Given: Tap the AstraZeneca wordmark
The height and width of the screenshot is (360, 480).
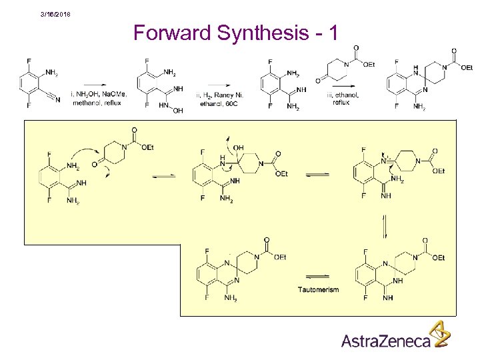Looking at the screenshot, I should click(x=385, y=341).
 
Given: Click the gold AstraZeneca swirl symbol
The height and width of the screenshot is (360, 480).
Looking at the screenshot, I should click(x=439, y=334).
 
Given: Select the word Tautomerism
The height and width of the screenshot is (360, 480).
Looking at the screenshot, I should click(x=319, y=289).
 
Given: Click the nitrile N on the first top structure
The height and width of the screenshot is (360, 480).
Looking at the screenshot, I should click(x=57, y=101).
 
